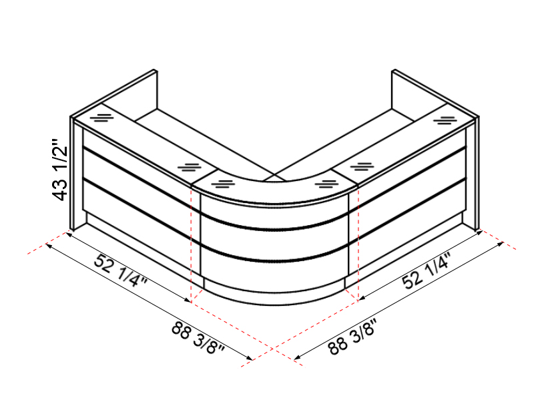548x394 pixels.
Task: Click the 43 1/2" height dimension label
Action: pyautogui.click(x=60, y=170)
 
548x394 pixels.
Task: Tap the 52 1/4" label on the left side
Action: pyautogui.click(x=120, y=270)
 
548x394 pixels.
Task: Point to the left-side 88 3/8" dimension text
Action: pyautogui.click(x=198, y=338)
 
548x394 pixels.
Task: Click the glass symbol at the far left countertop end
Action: pyautogui.click(x=101, y=118)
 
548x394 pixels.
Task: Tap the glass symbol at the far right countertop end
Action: pyautogui.click(x=445, y=121)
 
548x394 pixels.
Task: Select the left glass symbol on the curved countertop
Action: pyautogui.click(x=223, y=184)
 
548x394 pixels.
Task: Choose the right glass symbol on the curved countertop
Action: pyautogui.click(x=326, y=184)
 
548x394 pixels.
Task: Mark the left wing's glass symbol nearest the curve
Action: pyautogui.click(x=190, y=167)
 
